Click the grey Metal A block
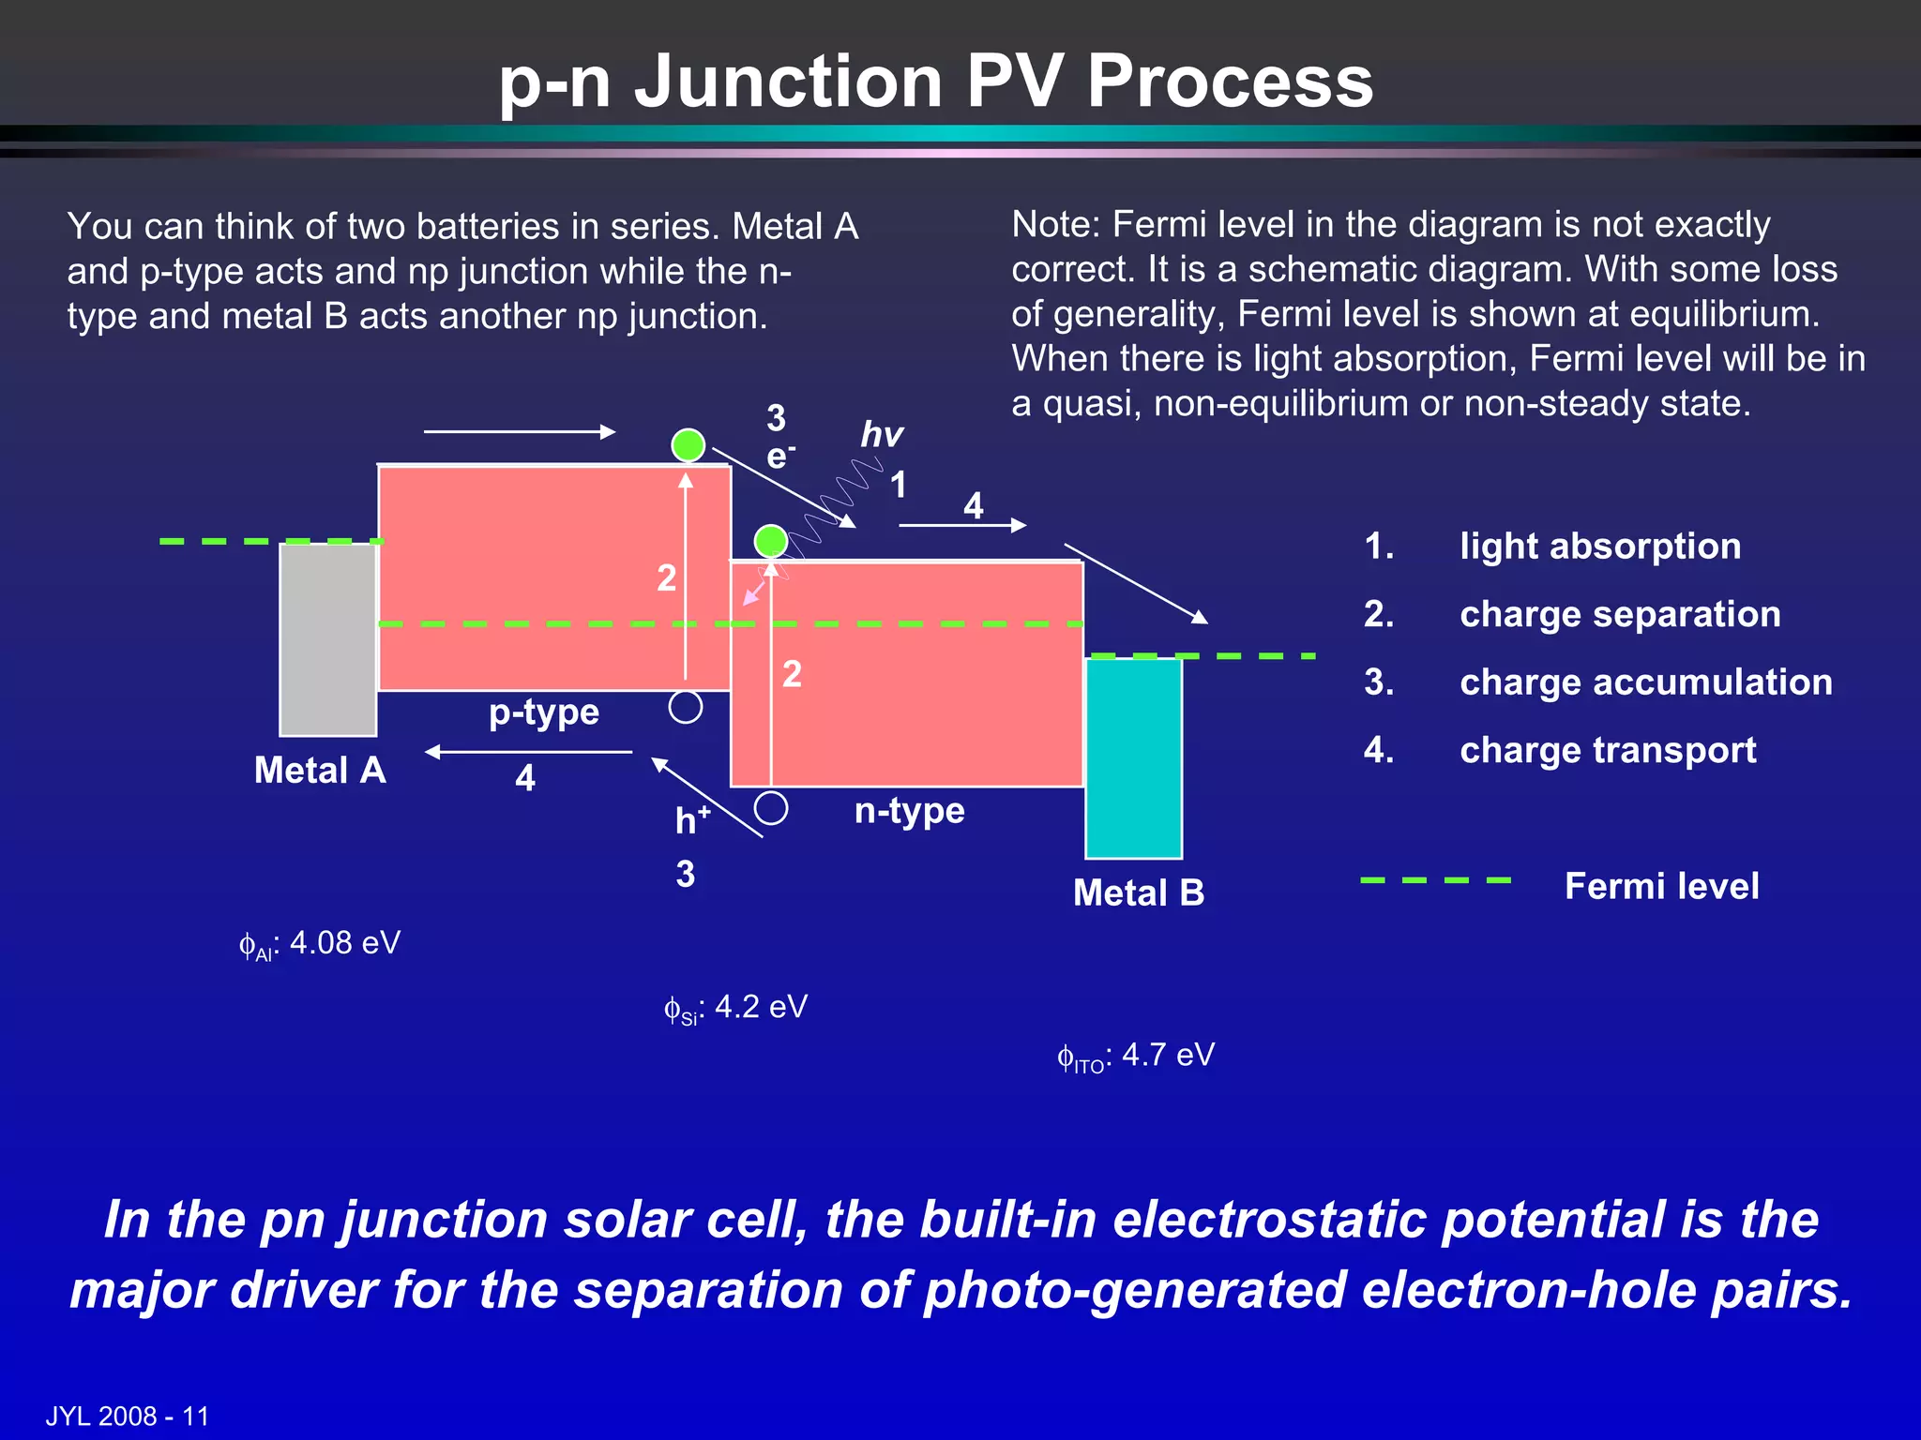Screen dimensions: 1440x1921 coord(327,639)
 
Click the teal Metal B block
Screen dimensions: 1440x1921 coord(1133,757)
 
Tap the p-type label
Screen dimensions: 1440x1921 coord(543,712)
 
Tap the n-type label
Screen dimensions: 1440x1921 coord(909,810)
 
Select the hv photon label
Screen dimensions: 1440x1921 coord(881,435)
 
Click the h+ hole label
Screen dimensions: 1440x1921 coord(692,820)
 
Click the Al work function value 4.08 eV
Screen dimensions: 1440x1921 coord(321,943)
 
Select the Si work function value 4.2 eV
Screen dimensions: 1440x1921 coord(736,1008)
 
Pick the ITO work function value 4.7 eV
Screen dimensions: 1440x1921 coord(1137,1056)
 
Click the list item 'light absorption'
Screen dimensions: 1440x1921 coord(1599,547)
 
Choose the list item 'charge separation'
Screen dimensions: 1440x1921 coord(1620,614)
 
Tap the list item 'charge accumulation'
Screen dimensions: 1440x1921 coord(1645,682)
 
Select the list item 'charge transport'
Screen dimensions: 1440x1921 coord(1608,750)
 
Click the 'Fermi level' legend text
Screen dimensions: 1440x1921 coord(1661,886)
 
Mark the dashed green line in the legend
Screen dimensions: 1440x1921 coord(1435,880)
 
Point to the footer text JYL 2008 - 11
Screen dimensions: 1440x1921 coord(128,1416)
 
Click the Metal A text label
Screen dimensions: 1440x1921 coord(320,771)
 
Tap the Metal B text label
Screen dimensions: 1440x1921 coord(1138,892)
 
